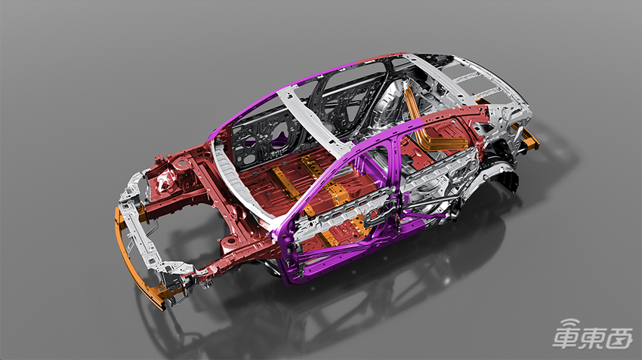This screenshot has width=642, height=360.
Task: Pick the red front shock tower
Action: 173,176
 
